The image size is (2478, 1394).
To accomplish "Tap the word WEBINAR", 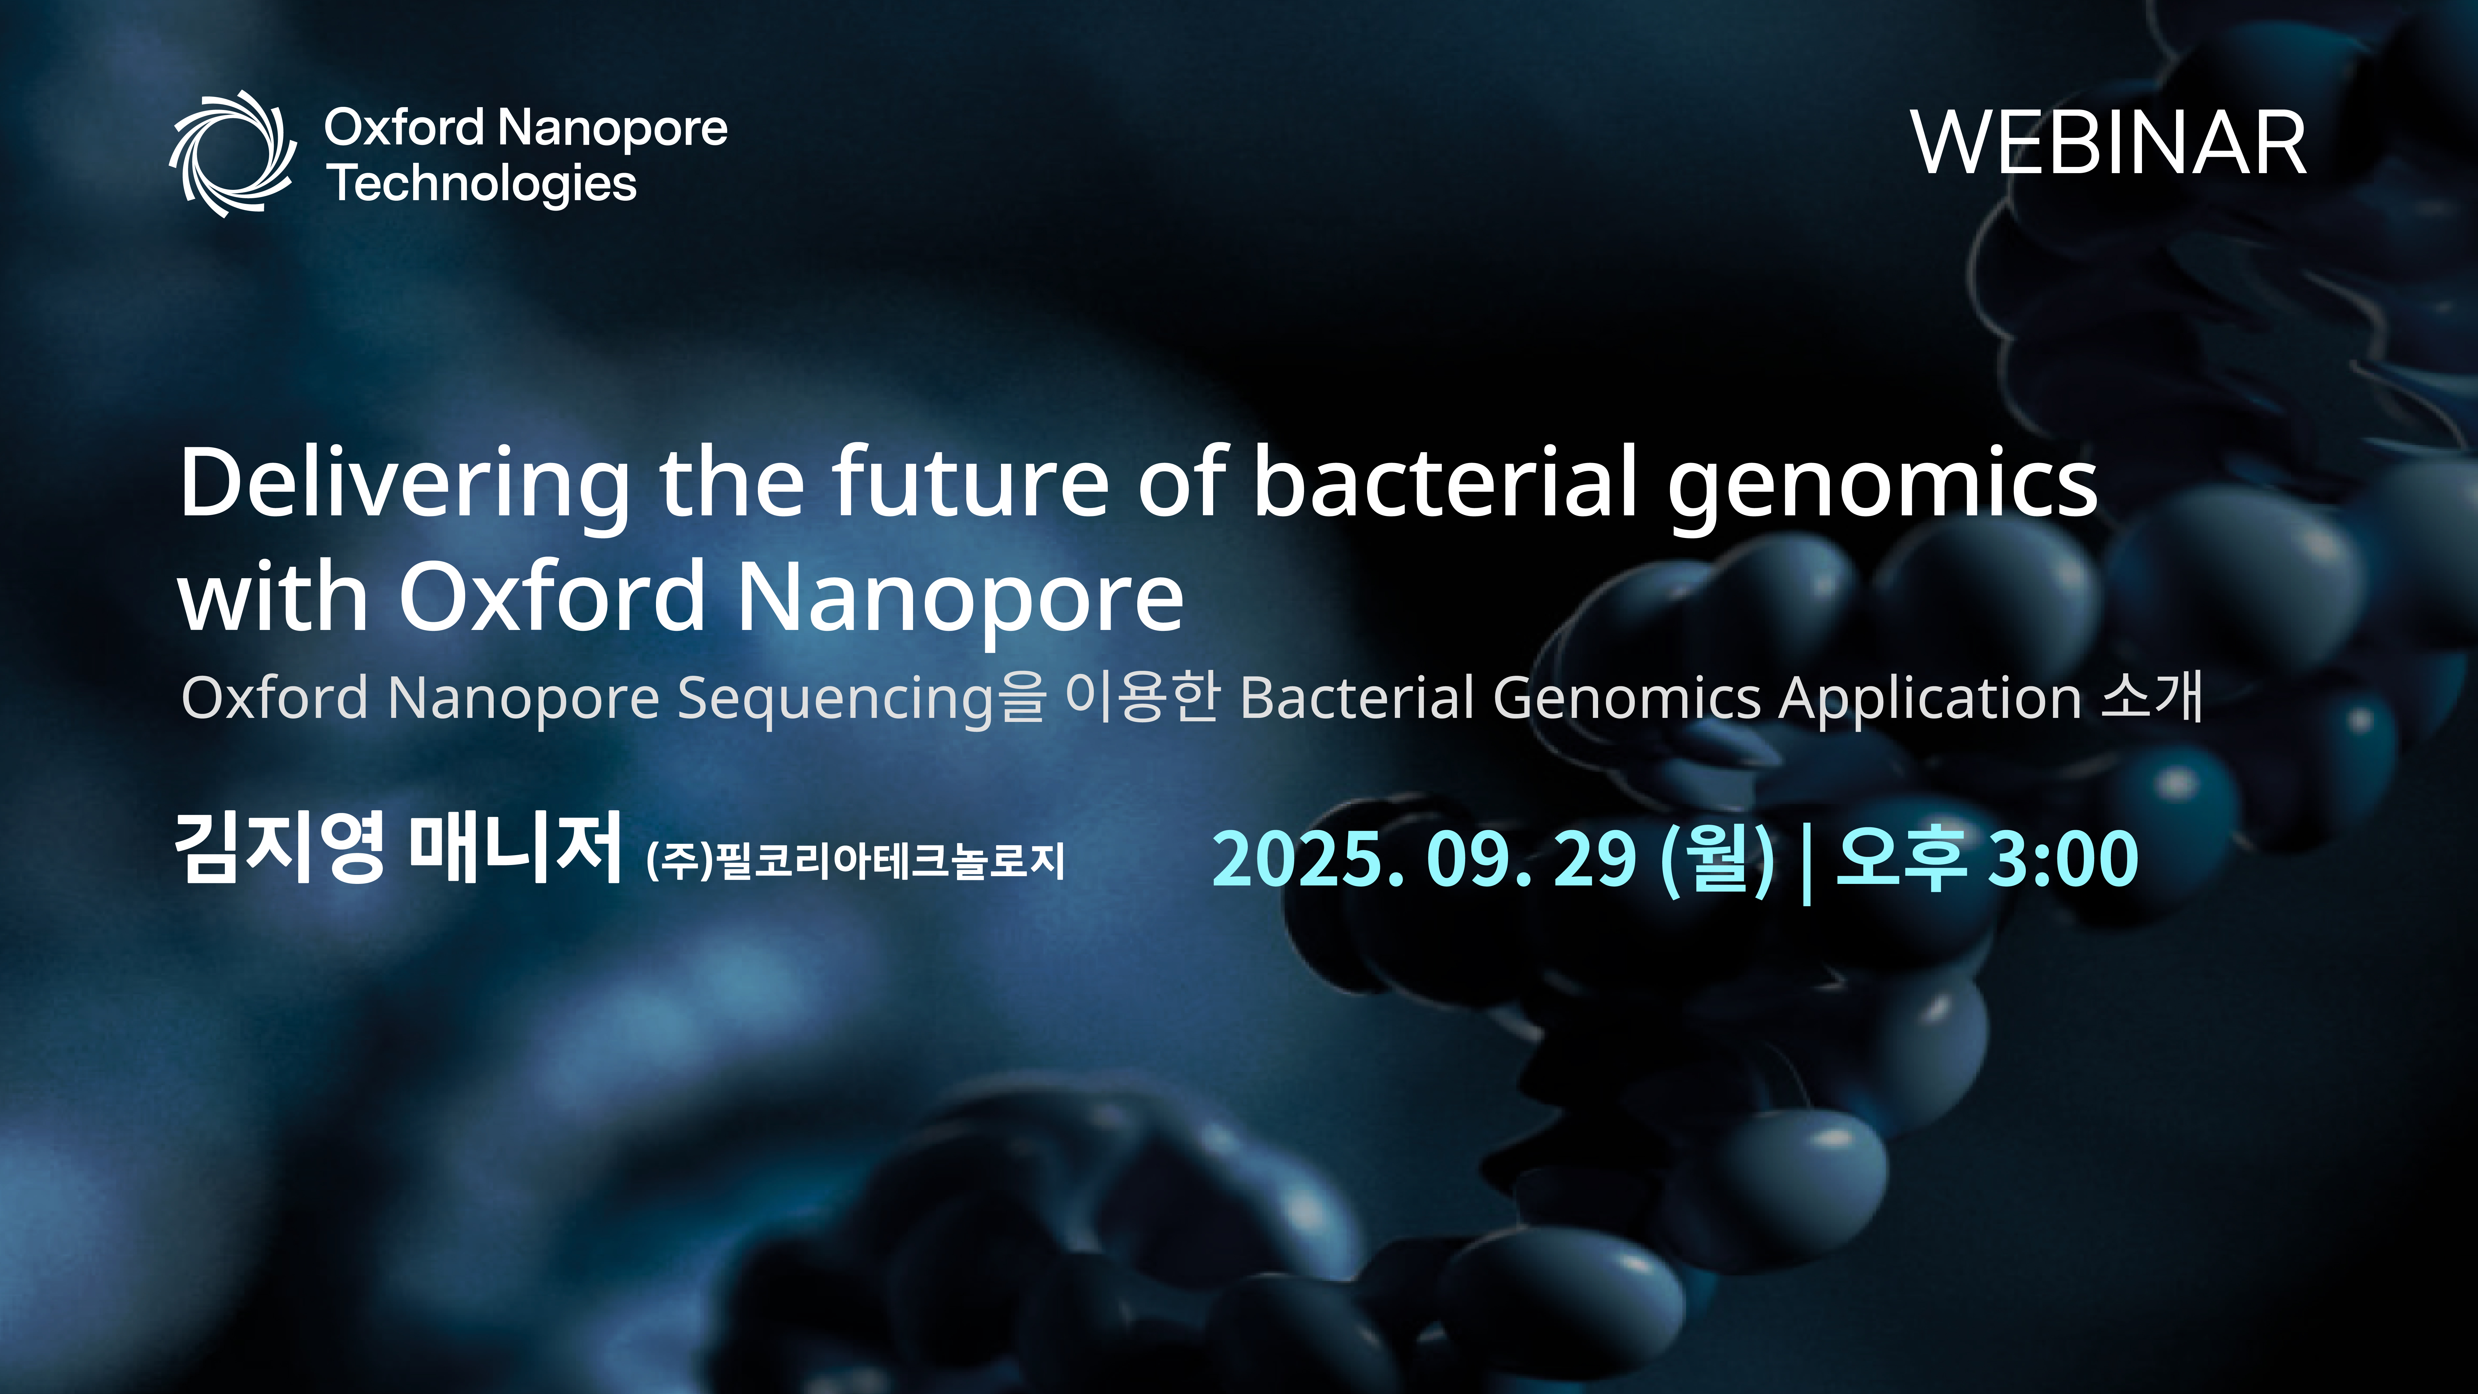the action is coord(2109,143).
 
